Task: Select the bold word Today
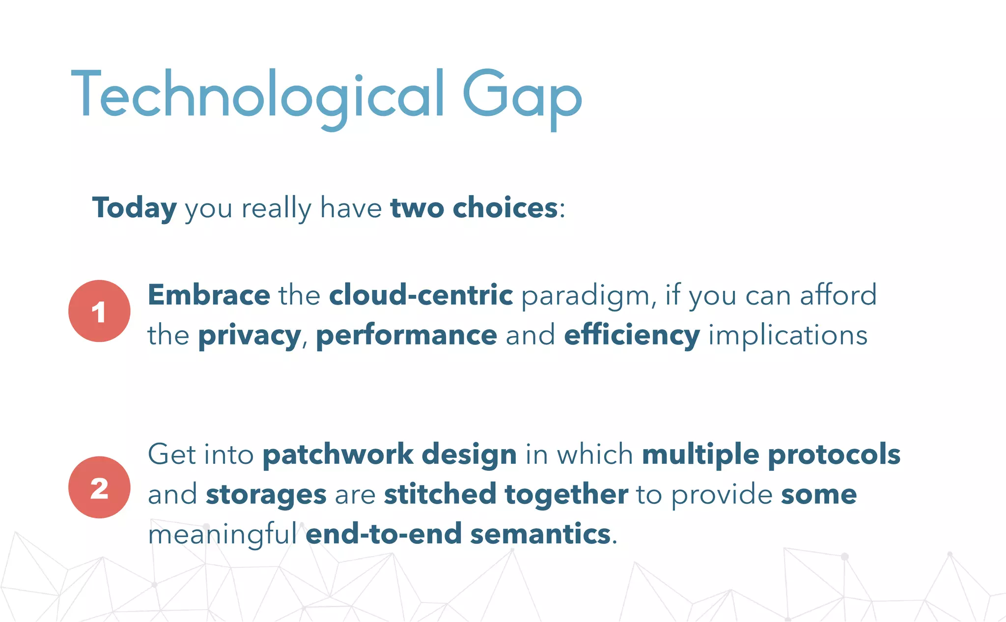(134, 208)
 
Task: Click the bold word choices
(505, 208)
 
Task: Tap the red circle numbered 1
(99, 311)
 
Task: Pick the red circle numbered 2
(99, 487)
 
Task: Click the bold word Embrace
(209, 295)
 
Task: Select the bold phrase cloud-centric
(421, 295)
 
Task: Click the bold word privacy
(250, 336)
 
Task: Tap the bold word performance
(406, 336)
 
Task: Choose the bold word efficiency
(632, 336)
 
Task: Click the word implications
(788, 336)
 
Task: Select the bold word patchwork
(338, 454)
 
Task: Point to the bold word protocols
(834, 454)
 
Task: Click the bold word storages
(266, 495)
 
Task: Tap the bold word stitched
(440, 494)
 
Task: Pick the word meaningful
(223, 535)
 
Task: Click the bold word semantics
(540, 534)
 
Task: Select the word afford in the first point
(838, 295)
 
